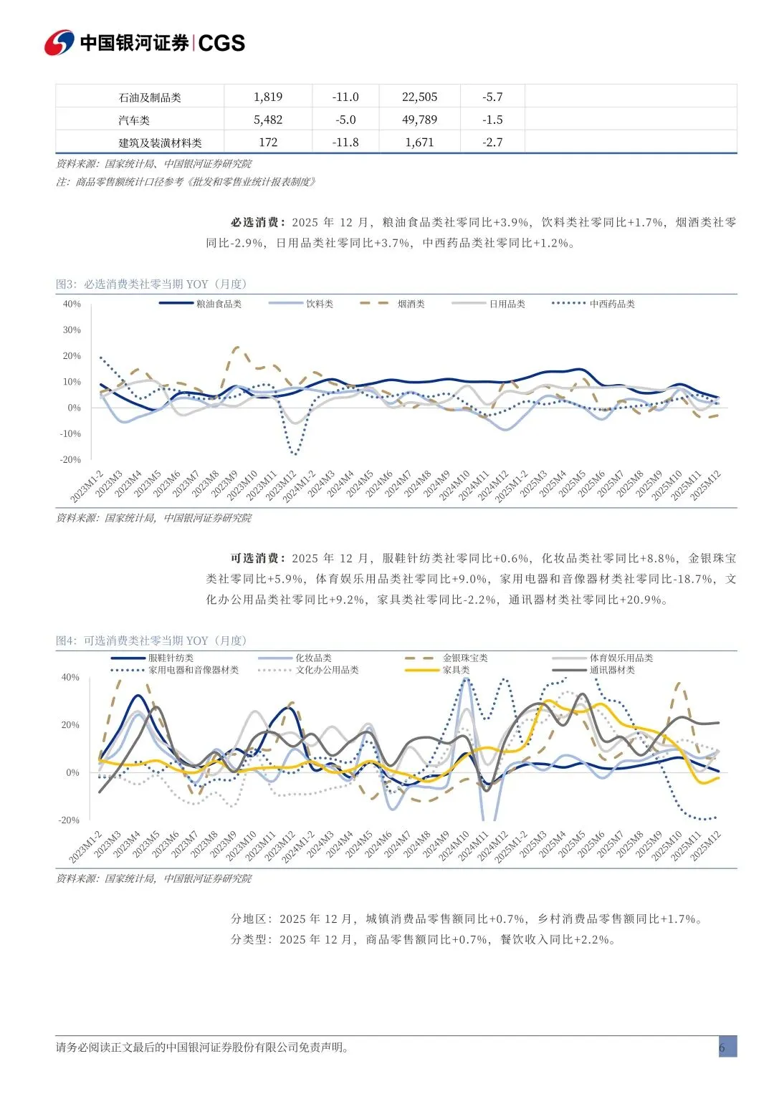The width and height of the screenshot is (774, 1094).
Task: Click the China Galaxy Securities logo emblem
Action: coord(59,43)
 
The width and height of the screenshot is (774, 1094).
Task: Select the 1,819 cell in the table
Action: coord(268,97)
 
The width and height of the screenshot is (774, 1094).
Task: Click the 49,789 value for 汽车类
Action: coord(419,120)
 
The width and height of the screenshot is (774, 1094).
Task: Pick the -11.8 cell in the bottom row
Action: coord(345,142)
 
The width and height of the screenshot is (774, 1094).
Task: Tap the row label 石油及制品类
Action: coord(150,97)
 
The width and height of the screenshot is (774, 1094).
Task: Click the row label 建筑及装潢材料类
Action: coord(160,143)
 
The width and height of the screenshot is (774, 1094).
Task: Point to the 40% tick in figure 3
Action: coord(72,304)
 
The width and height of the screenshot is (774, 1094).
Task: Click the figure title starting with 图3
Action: coord(151,284)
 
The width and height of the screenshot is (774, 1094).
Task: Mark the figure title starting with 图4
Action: coord(151,640)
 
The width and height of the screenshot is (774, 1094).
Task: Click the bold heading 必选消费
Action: coord(258,222)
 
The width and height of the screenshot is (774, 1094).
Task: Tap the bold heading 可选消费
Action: coord(258,558)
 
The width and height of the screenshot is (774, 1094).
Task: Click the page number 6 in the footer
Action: coord(722,1047)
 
